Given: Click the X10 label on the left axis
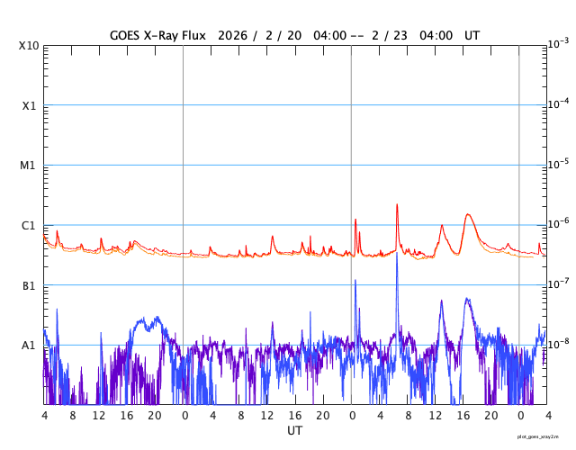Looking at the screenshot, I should pyautogui.click(x=29, y=45).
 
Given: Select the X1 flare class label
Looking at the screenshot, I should pyautogui.click(x=29, y=105).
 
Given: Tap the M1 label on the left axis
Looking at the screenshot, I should pyautogui.click(x=29, y=166).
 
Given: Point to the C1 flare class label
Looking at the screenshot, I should pyautogui.click(x=29, y=225).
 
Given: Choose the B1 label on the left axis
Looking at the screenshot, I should pyautogui.click(x=29, y=285).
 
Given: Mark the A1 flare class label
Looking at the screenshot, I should pyautogui.click(x=29, y=346).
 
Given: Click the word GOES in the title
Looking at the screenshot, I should pyautogui.click(x=127, y=35).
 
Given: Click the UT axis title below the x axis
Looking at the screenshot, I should pyautogui.click(x=294, y=431).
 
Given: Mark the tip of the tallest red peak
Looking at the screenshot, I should pyautogui.click(x=397, y=204).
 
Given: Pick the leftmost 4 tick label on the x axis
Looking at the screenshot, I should pyautogui.click(x=44, y=416).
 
